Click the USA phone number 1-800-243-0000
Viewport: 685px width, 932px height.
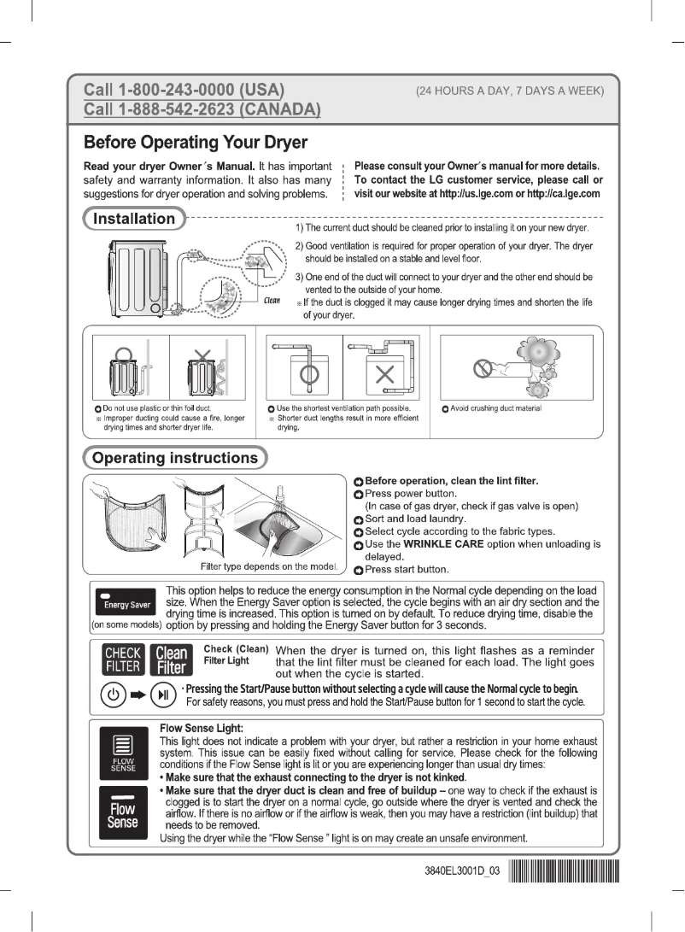183,91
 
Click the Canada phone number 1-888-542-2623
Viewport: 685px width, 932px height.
201,109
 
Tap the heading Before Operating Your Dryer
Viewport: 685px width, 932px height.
196,141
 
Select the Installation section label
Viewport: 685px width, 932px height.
133,219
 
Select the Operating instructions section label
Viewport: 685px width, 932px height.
174,458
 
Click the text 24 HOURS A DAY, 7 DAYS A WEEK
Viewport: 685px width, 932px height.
510,91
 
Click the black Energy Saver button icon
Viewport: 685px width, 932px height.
127,601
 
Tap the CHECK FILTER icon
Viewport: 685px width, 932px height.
121,660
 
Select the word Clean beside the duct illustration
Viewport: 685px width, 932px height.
272,301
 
